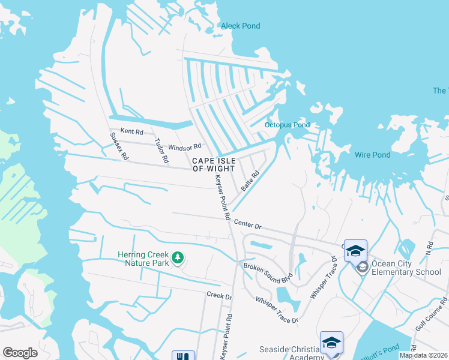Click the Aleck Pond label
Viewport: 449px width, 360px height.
pyautogui.click(x=240, y=26)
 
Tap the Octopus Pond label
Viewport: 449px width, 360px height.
pyautogui.click(x=287, y=125)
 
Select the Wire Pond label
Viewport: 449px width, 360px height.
pyautogui.click(x=372, y=155)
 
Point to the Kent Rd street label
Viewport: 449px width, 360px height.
pyautogui.click(x=132, y=131)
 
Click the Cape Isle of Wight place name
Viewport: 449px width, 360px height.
pyautogui.click(x=213, y=164)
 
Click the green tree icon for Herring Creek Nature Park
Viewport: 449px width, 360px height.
pyautogui.click(x=178, y=258)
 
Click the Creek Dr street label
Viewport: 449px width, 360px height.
pyautogui.click(x=219, y=296)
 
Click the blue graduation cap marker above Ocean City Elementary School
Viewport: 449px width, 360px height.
pyautogui.click(x=355, y=250)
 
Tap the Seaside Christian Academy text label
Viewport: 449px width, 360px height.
pyautogui.click(x=291, y=353)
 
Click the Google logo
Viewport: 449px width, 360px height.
pyautogui.click(x=20, y=353)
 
